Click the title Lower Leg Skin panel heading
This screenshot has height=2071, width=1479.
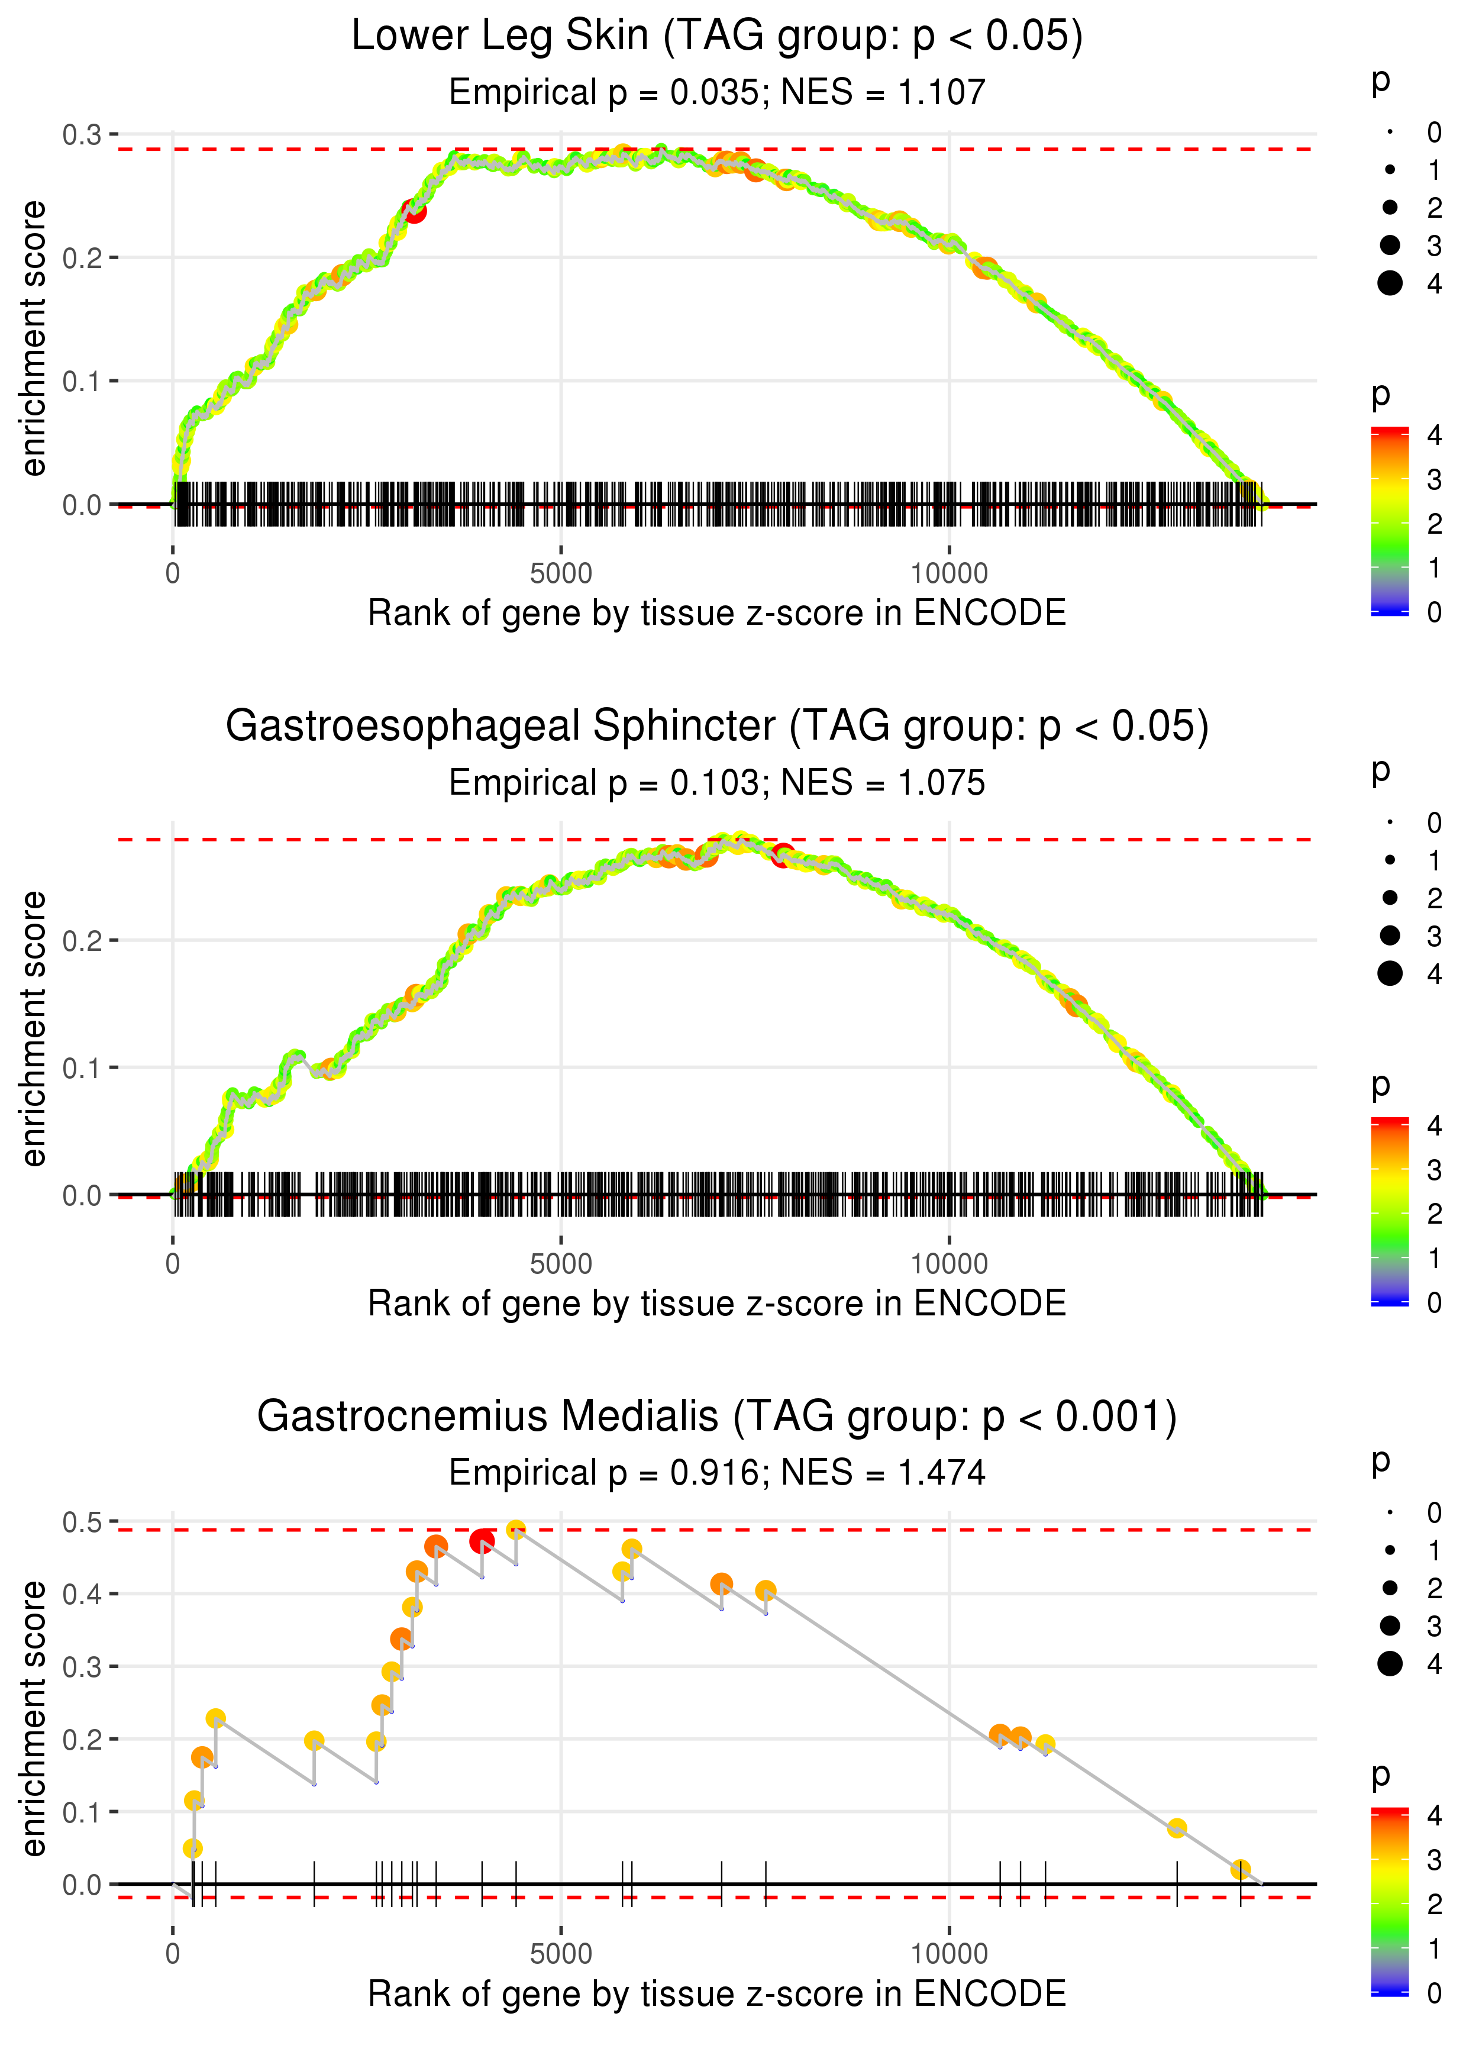tap(717, 37)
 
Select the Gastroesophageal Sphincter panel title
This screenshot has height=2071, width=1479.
tap(717, 727)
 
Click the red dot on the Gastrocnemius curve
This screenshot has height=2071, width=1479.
tap(482, 1541)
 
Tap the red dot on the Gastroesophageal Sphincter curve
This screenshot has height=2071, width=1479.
tap(782, 854)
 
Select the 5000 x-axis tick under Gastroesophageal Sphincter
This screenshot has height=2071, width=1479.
tap(560, 1264)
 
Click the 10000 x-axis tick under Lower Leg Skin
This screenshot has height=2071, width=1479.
tap(949, 574)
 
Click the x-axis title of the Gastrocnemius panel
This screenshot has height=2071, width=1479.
tap(717, 1993)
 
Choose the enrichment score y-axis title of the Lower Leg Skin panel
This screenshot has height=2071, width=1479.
tap(34, 339)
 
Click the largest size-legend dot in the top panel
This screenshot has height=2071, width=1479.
tap(1390, 283)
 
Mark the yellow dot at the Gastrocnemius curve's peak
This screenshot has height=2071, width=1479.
tap(515, 1530)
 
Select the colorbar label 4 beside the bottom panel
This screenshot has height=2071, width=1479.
tap(1433, 1815)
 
